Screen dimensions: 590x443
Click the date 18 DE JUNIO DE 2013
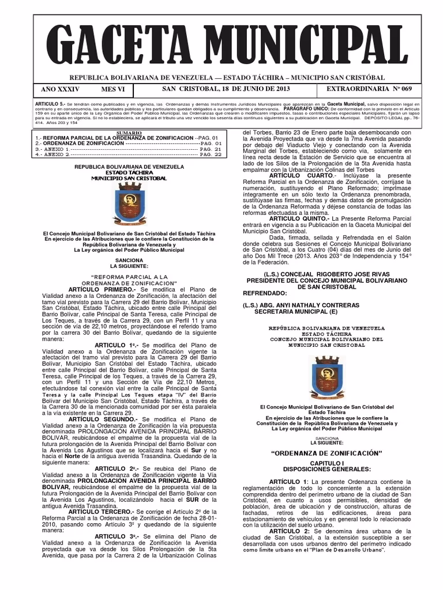tap(249, 89)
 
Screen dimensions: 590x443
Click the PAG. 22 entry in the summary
tap(209, 154)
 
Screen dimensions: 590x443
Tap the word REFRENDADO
tap(271, 293)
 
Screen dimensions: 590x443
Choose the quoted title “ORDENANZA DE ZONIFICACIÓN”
tap(326, 453)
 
